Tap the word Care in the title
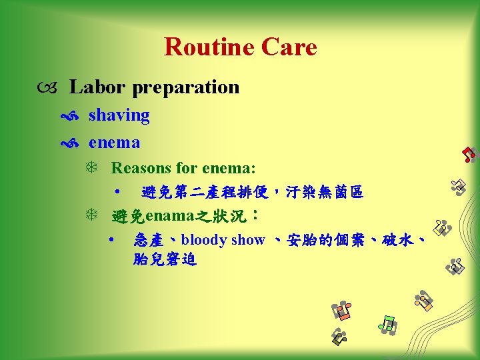click(x=289, y=47)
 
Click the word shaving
click(x=119, y=115)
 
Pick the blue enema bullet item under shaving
click(x=114, y=142)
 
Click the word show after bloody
click(x=249, y=240)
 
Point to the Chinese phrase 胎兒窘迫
click(x=165, y=260)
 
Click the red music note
click(x=469, y=155)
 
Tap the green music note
click(x=387, y=325)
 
